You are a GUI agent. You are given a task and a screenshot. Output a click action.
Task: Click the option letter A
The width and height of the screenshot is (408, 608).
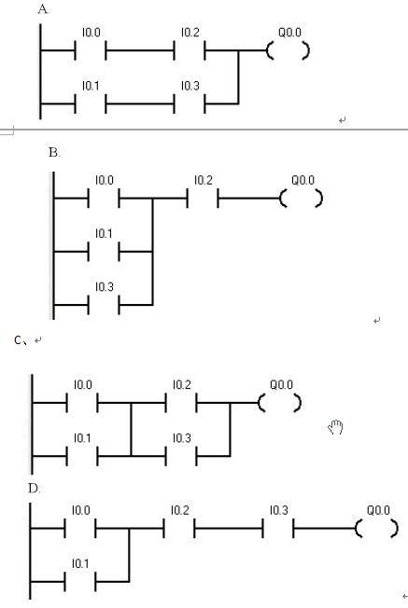(x=43, y=9)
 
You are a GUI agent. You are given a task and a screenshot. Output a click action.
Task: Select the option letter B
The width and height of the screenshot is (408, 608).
(x=54, y=153)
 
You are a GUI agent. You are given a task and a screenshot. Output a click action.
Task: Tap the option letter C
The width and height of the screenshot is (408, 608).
(x=19, y=340)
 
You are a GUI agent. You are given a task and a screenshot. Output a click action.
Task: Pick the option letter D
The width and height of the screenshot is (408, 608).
(x=34, y=489)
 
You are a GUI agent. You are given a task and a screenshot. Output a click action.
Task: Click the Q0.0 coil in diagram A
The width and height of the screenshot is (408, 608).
(x=288, y=50)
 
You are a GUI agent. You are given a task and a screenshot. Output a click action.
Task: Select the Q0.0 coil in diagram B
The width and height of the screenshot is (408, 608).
(x=302, y=199)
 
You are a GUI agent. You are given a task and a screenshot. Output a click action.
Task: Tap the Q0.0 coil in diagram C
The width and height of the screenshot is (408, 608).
(x=280, y=403)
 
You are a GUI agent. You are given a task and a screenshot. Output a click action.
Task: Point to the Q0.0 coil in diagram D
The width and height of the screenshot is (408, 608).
(x=377, y=528)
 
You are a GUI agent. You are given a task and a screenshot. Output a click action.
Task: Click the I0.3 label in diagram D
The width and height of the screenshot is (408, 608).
(x=279, y=510)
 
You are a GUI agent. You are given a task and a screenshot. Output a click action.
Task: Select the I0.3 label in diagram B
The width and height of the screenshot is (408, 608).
(x=105, y=287)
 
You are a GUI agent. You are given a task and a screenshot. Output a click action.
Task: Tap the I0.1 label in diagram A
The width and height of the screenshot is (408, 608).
(x=91, y=86)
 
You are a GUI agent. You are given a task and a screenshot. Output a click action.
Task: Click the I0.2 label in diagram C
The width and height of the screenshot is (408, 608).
(x=182, y=385)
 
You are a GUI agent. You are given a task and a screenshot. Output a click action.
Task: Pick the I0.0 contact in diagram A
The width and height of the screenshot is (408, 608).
(x=91, y=50)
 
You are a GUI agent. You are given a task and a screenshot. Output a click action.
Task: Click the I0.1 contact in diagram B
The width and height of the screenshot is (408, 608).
(x=104, y=252)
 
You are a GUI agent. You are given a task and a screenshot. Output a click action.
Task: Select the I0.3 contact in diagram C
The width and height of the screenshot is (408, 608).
(x=181, y=456)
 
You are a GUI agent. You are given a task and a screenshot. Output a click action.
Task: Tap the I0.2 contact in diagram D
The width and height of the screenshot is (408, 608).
(x=179, y=528)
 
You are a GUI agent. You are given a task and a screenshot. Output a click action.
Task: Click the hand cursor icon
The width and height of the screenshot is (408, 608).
(x=336, y=427)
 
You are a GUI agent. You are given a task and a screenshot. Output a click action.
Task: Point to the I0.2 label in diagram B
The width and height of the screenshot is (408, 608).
(x=204, y=180)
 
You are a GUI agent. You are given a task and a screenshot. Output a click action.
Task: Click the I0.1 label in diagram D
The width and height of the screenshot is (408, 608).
(x=80, y=563)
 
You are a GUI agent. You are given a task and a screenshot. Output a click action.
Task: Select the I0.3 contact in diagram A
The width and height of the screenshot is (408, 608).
(x=190, y=104)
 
